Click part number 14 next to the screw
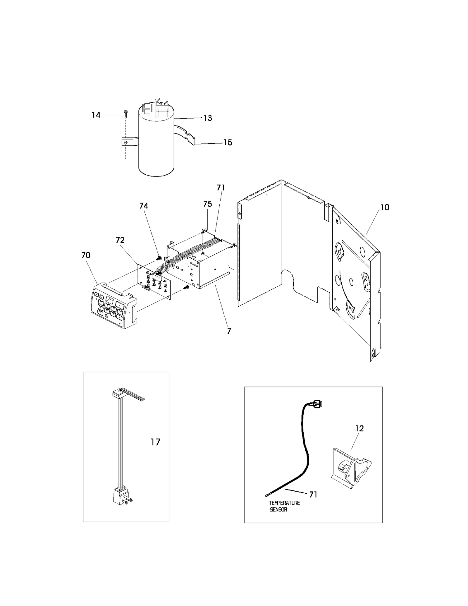96,115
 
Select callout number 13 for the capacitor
208,118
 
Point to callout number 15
228,143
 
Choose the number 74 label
144,206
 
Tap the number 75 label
207,204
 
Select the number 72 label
120,240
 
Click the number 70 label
86,255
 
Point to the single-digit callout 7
229,331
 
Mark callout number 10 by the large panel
385,207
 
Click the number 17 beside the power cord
155,442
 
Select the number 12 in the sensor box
359,428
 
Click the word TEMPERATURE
284,503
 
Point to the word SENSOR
278,510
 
